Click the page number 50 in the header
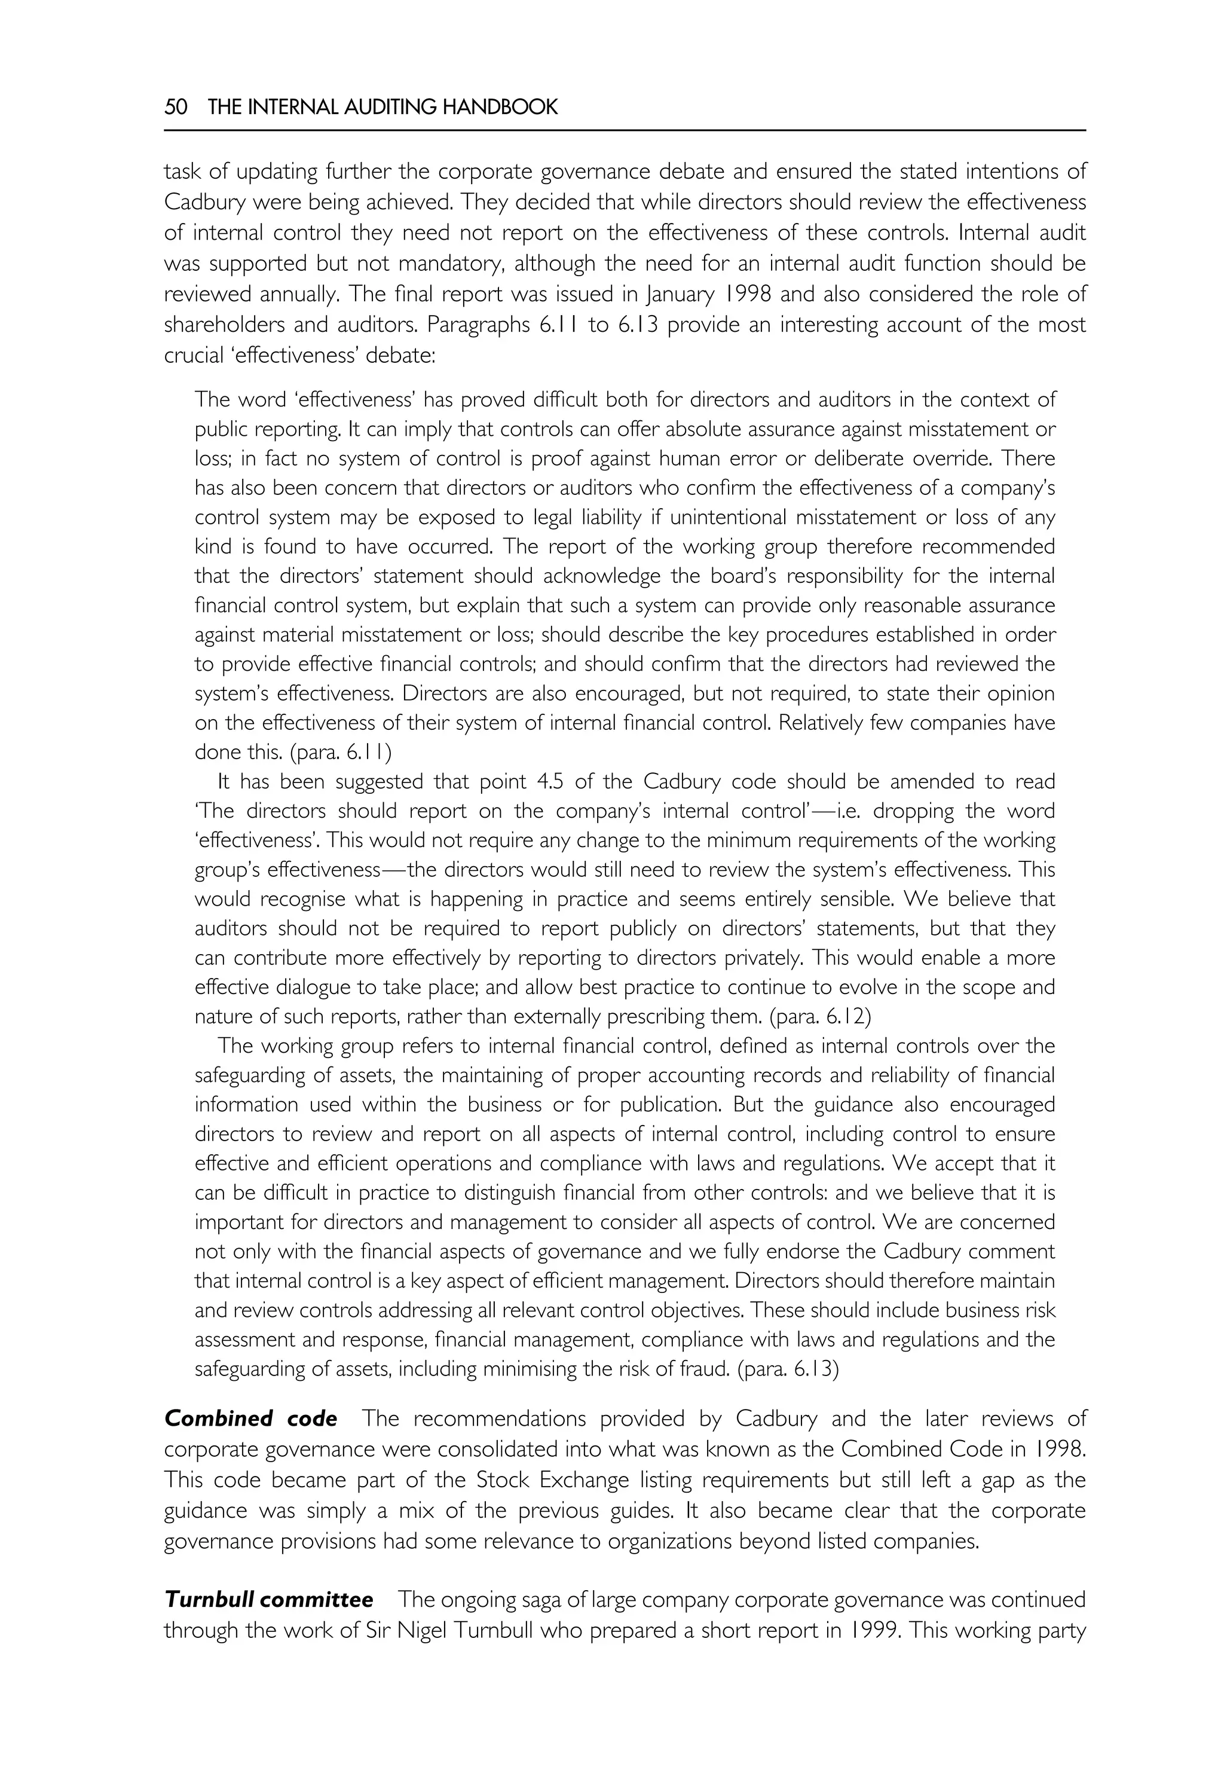[x=176, y=106]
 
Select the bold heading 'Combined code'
[x=251, y=1419]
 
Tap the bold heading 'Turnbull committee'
[x=269, y=1600]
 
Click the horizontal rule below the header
[x=625, y=130]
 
